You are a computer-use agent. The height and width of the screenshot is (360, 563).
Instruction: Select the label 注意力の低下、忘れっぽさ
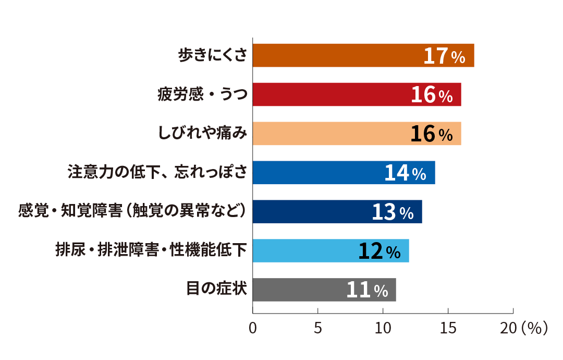point(157,173)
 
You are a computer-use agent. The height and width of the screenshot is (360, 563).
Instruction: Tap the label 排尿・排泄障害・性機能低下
point(151,251)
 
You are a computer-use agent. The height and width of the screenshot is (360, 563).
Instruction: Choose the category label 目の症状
point(217,290)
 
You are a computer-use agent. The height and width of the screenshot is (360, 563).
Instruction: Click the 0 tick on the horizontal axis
point(253,328)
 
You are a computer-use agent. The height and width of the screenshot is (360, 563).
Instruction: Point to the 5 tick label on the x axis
point(318,328)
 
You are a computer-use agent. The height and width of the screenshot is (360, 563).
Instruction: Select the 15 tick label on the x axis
point(448,328)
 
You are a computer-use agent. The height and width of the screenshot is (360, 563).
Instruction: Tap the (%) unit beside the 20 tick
point(535,328)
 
